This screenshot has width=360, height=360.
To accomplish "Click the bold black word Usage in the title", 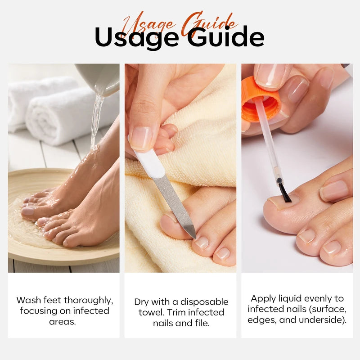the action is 136,37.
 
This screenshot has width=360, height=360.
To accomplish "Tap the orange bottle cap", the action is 261,99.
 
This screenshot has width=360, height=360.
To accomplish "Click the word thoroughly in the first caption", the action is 88,300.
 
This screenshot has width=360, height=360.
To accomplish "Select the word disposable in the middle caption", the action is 204,302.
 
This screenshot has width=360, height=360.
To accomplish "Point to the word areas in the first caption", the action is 62,322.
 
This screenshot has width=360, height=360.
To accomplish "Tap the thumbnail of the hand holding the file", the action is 140,138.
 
